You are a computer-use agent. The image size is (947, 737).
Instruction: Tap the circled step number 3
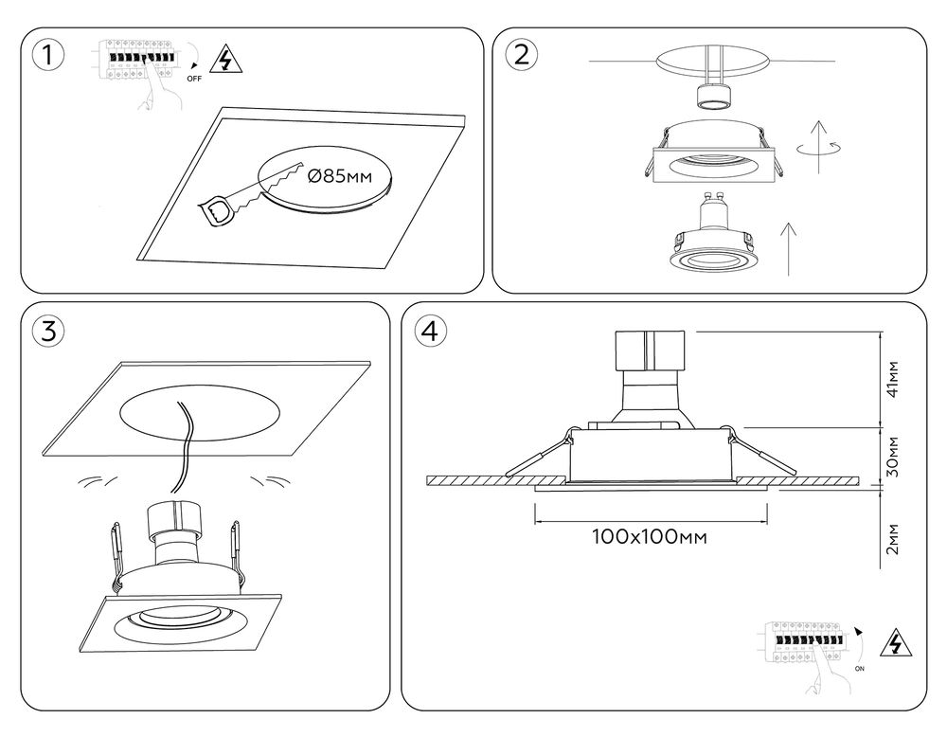click(48, 331)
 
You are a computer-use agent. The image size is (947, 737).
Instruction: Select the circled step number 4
click(430, 331)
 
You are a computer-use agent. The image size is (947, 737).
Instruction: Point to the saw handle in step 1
click(217, 209)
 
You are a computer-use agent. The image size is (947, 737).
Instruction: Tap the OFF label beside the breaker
click(194, 80)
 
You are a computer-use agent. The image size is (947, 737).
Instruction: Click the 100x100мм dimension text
click(650, 537)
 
